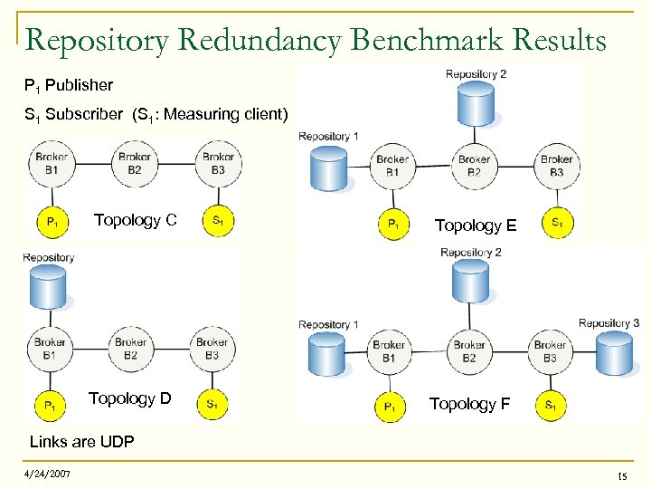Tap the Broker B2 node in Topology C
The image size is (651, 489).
pos(135,164)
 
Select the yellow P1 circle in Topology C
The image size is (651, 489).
pos(51,221)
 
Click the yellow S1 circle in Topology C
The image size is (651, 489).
pos(218,221)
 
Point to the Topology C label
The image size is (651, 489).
pos(135,220)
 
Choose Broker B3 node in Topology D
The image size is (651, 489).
pos(212,349)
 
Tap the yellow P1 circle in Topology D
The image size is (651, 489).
pos(51,405)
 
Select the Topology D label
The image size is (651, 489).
pos(129,398)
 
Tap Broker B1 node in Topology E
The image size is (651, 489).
pos(392,166)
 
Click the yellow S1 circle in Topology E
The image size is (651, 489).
pos(557,223)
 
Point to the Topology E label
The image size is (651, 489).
pos(476,225)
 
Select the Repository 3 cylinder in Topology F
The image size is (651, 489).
pos(614,352)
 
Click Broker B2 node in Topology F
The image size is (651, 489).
pos(469,350)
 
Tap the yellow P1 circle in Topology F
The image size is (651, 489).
pos(390,407)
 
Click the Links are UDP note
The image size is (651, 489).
pos(81,442)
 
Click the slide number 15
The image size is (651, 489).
pos(621,476)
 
